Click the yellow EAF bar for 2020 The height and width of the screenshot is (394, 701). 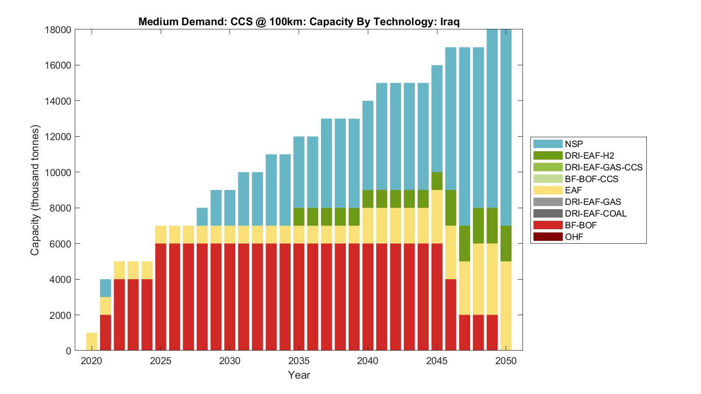point(92,342)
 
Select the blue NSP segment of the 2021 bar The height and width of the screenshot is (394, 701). point(106,288)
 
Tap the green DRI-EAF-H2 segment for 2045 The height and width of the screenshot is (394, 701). point(437,181)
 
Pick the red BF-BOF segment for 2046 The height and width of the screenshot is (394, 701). point(451,315)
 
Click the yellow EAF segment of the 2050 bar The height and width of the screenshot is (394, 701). point(506,306)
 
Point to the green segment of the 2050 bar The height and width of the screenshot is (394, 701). point(506,243)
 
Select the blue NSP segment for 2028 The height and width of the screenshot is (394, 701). point(202,217)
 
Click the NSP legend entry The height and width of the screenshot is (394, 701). point(574,144)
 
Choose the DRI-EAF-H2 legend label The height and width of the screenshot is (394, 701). point(589,155)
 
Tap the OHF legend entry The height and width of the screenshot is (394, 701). point(574,237)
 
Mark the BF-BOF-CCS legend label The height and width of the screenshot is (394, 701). point(591,179)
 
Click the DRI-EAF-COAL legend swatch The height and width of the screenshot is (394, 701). point(548,213)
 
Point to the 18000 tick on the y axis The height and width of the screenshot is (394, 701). point(58,30)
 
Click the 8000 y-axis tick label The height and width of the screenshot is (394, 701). point(61,208)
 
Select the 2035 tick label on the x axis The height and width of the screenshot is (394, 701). point(299,361)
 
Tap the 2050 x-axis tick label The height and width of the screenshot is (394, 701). point(506,361)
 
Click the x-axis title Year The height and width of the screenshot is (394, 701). point(299,375)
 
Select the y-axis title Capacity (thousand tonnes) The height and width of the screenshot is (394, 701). point(35,190)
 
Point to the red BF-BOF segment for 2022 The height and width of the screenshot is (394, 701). point(119,315)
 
